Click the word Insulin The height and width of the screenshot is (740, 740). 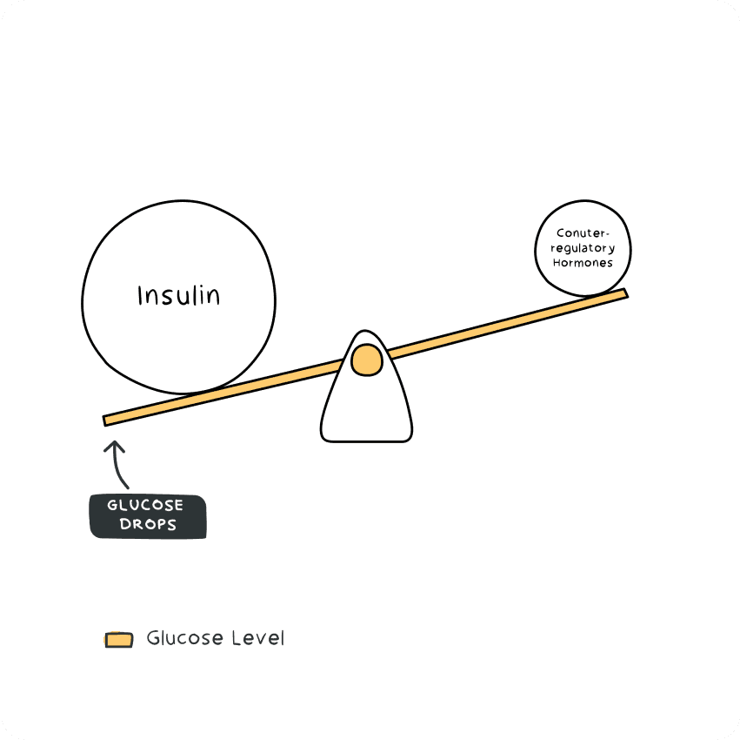pos(179,296)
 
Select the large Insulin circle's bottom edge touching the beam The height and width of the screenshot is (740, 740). pos(186,393)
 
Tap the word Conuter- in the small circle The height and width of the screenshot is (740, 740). pos(583,233)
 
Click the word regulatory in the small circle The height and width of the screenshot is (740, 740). pos(583,248)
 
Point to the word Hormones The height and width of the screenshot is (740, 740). pos(583,263)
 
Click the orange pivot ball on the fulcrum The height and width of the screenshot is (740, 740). pos(367,360)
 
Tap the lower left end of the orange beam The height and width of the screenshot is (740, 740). pos(104,421)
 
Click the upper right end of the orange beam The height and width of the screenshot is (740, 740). pos(626,293)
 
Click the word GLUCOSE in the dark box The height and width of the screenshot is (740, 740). pos(145,505)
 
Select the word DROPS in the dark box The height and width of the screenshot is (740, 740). pos(148,524)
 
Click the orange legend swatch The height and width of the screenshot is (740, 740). pos(118,639)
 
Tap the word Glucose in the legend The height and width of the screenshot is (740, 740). pos(185,638)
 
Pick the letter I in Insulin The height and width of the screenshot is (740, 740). pos(140,296)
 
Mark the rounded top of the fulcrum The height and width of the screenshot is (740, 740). pos(365,331)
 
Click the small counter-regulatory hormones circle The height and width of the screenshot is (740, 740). pos(583,249)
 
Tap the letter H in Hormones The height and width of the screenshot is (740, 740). pos(557,263)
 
